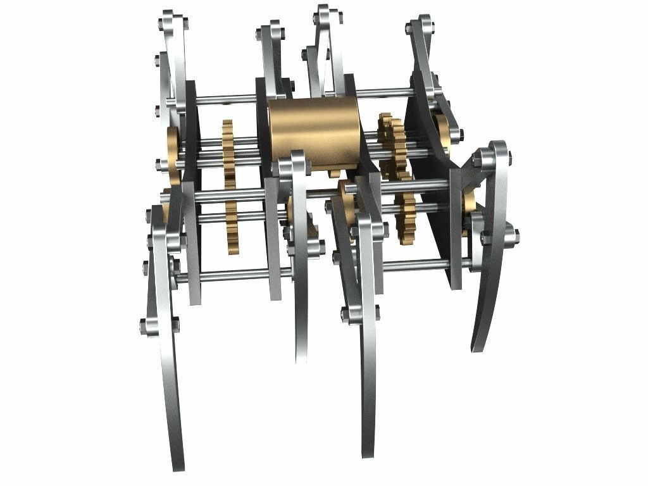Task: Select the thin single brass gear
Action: [x=229, y=187]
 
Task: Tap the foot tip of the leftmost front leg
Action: [x=178, y=465]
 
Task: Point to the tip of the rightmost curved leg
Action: [x=477, y=346]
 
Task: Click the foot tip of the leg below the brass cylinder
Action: [x=301, y=358]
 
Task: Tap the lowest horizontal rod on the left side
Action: [x=234, y=275]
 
